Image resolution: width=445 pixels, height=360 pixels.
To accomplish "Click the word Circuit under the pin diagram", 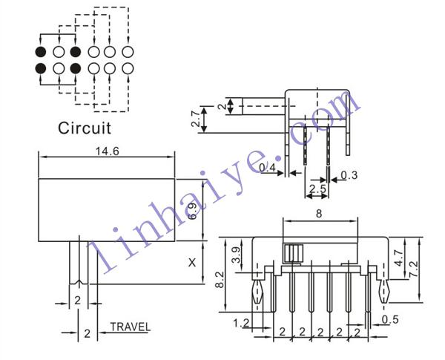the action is [x=85, y=128].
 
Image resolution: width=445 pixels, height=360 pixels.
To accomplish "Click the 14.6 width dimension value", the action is [x=107, y=151].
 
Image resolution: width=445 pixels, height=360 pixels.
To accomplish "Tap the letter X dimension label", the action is [x=192, y=263].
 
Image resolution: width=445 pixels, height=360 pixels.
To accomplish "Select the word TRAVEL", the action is [x=131, y=327].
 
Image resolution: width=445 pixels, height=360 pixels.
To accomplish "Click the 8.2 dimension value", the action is [x=220, y=280].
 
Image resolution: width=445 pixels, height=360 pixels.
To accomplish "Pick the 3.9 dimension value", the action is [x=236, y=255].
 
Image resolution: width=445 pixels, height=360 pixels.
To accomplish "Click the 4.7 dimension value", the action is [x=399, y=258].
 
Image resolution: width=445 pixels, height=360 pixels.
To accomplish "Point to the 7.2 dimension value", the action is [x=414, y=269].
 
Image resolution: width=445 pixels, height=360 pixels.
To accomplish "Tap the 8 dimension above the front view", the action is [x=319, y=214].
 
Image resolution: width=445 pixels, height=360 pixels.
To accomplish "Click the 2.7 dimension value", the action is [x=196, y=119].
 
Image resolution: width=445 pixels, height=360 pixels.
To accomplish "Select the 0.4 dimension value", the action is [x=267, y=168].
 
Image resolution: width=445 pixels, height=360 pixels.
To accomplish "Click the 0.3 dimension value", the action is [x=349, y=175].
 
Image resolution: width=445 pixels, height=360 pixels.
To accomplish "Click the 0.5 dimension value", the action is [x=390, y=320].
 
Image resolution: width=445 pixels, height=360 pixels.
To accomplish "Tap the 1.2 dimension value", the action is [x=241, y=323].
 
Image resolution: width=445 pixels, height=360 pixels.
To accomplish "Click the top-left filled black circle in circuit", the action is [x=41, y=52].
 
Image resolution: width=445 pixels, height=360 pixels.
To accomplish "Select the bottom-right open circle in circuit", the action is [x=128, y=68].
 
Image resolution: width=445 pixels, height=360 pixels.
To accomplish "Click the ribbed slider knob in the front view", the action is [x=293, y=253].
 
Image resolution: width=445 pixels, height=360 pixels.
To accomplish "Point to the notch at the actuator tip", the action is [x=79, y=282].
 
